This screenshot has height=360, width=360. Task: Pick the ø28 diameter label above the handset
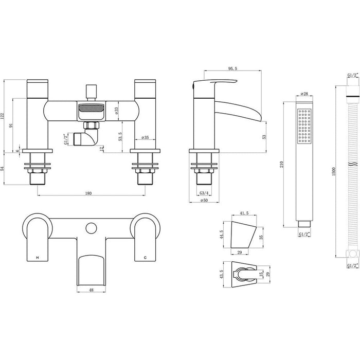(x=302, y=94)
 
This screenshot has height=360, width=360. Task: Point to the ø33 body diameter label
(x=117, y=110)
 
